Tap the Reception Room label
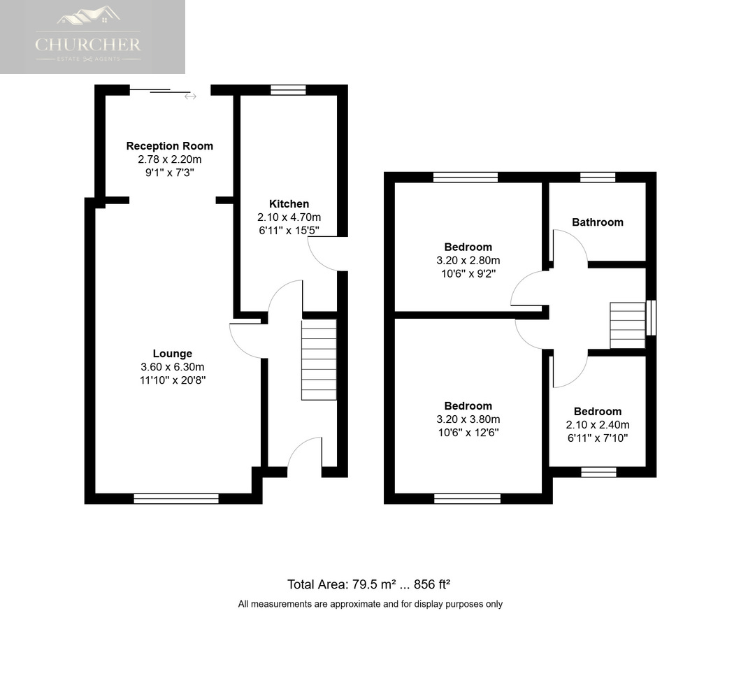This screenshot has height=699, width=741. [170, 146]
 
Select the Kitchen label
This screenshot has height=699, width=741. [289, 203]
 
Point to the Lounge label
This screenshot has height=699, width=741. [173, 354]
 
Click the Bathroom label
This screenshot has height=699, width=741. [598, 222]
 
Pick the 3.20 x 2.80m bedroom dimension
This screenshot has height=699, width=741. [468, 261]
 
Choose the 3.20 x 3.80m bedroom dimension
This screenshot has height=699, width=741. [468, 419]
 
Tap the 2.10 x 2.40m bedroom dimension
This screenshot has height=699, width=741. [598, 425]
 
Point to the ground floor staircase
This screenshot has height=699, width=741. [319, 360]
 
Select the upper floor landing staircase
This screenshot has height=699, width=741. [628, 325]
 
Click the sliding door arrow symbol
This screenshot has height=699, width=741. [190, 96]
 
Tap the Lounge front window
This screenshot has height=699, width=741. [176, 498]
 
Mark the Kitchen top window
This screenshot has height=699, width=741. [288, 89]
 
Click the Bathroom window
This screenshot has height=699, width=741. [598, 178]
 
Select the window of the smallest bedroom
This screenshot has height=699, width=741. [599, 472]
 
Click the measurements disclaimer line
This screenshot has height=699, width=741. [370, 604]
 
